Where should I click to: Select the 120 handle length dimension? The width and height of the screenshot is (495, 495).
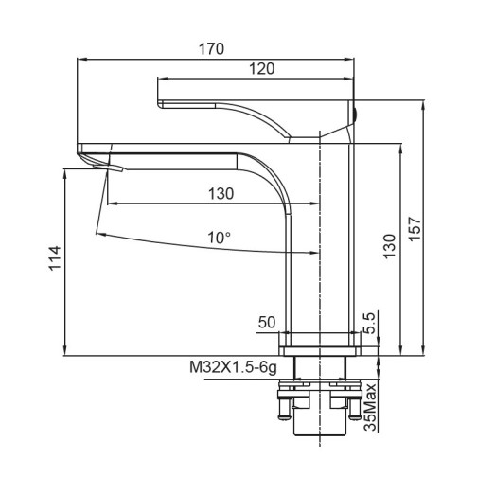point(262,69)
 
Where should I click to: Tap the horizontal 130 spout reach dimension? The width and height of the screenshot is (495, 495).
point(220,193)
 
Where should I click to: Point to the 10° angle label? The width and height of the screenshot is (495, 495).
point(220,238)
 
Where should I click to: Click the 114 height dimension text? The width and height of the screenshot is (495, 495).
point(54,258)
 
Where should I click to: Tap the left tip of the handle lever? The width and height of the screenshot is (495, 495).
point(159,100)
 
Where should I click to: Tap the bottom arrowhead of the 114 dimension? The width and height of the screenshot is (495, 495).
point(64,350)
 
